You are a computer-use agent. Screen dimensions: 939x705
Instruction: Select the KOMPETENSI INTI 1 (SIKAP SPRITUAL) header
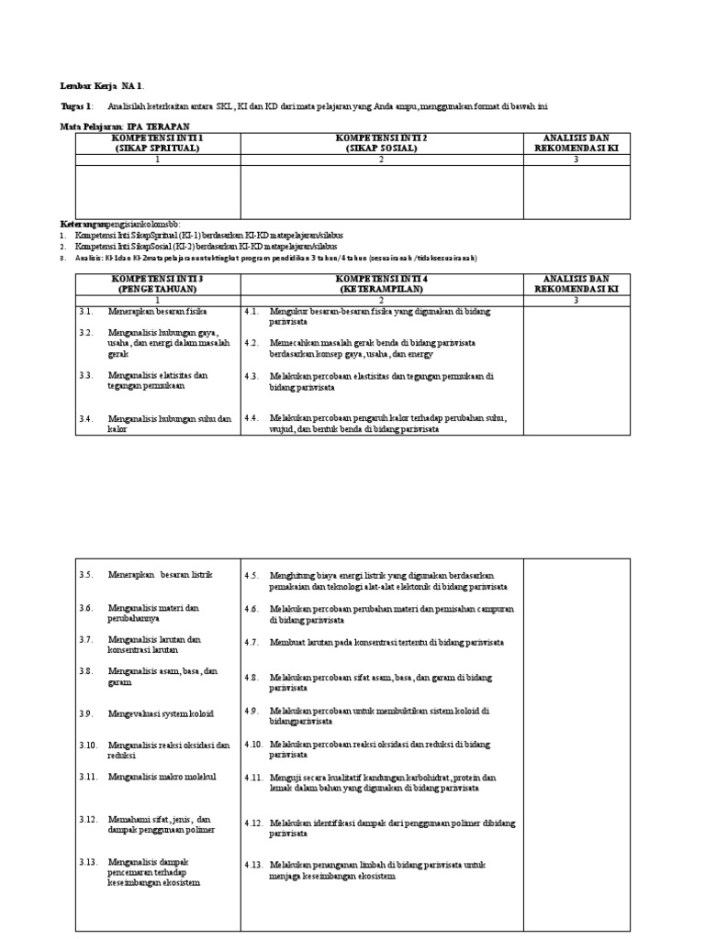coord(157,142)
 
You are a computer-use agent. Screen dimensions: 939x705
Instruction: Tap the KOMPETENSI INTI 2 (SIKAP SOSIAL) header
coord(381,142)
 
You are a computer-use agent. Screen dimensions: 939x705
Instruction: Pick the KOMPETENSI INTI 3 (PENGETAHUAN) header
coord(157,283)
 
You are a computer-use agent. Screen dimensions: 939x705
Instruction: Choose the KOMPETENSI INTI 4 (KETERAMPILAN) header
coord(381,283)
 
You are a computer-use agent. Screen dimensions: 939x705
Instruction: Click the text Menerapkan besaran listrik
coord(160,575)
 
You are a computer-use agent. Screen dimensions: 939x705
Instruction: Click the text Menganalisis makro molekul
coord(162,777)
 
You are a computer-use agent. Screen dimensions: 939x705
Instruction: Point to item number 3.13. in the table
coord(88,862)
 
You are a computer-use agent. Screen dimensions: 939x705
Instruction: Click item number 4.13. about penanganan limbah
coord(254,865)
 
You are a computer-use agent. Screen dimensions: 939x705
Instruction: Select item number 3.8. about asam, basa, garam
coord(86,670)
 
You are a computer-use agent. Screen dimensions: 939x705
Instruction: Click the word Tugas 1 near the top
coord(77,106)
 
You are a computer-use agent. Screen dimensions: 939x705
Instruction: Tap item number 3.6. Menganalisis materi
coord(86,607)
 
